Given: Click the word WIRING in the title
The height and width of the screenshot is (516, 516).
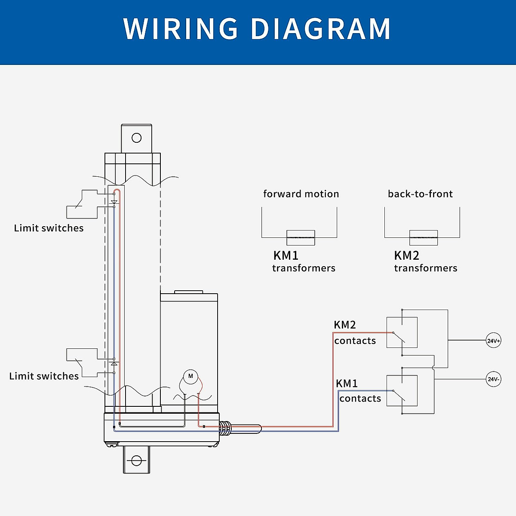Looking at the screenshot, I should click(180, 29).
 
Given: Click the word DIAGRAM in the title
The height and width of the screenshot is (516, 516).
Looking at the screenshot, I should click(320, 29).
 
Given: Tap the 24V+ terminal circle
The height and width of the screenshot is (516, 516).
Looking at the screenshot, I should click(493, 341).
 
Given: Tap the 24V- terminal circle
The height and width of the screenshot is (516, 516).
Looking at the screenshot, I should click(493, 379).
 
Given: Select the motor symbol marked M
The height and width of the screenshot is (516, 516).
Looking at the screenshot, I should click(190, 376).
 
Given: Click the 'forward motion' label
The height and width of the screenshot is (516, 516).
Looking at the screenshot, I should click(301, 194).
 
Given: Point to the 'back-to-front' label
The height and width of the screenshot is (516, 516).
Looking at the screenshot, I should click(420, 194).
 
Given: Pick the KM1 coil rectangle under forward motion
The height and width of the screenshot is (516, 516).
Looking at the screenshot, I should click(301, 237).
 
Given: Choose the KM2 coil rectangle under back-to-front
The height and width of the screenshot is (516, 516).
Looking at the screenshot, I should click(424, 237).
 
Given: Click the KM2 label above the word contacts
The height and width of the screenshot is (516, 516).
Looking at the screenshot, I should click(345, 325).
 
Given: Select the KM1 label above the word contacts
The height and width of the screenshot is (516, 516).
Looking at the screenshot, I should click(347, 383).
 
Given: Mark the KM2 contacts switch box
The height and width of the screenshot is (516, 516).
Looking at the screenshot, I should click(402, 332).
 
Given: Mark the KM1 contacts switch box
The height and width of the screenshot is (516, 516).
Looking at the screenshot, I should click(402, 390).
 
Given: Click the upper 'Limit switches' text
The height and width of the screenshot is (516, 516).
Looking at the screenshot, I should click(49, 228).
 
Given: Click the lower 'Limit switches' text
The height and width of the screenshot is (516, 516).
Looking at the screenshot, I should click(44, 376).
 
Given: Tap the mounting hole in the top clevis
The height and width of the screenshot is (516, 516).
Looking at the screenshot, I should click(137, 138).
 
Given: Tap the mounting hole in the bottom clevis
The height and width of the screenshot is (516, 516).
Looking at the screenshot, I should click(137, 461).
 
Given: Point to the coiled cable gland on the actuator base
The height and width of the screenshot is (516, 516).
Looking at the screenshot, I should click(224, 428).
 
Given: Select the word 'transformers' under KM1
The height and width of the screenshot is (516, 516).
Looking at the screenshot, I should click(304, 268).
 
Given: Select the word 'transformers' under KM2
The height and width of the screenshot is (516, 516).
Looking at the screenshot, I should click(426, 268).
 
